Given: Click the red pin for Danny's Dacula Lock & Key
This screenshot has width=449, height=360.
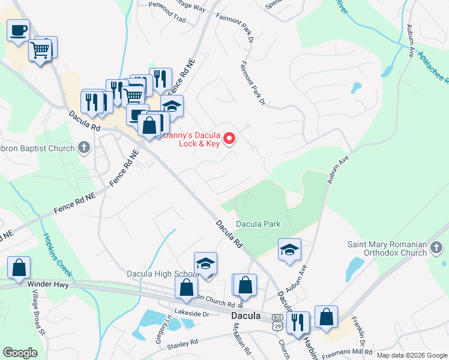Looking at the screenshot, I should click(229, 139).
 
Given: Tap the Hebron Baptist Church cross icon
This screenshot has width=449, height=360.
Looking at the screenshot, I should click(83, 148).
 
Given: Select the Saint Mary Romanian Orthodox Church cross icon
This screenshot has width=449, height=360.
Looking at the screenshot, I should click(437, 247).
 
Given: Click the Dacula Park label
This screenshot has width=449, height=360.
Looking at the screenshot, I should click(258, 224).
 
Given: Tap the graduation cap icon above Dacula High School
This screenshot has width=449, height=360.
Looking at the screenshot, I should click(205, 263).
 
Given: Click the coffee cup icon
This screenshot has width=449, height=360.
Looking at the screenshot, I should click(18, 29).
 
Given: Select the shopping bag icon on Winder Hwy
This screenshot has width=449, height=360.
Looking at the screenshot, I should click(19, 268).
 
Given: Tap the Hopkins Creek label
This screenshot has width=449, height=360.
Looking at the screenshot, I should click(58, 256).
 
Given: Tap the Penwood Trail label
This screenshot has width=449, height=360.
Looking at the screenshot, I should click(164, 19).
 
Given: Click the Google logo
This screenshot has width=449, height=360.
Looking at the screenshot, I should click(20, 352).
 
